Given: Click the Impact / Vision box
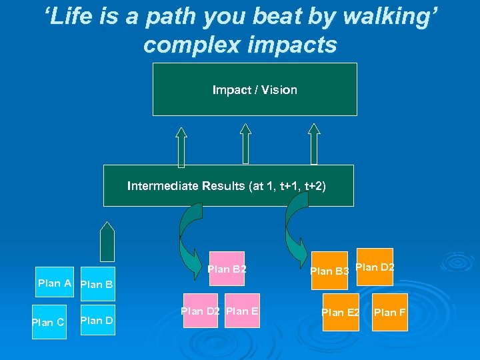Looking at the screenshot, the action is [255, 89].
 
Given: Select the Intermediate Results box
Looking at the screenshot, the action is [228, 186].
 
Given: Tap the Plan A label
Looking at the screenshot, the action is [55, 283].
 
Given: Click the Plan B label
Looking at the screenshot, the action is [96, 285].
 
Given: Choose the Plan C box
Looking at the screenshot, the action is [49, 322].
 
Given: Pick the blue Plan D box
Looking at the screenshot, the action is [97, 321].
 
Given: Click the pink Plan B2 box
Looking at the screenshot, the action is [227, 269].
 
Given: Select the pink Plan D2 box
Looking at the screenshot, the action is [200, 311].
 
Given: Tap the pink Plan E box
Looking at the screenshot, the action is [242, 311].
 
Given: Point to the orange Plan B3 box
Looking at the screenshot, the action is [331, 271].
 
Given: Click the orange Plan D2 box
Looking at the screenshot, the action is [375, 267].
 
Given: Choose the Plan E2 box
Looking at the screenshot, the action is [341, 312].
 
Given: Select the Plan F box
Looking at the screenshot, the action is [389, 312].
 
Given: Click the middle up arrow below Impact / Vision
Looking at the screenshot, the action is [245, 143].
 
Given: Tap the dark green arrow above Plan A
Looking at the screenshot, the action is [107, 241].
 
